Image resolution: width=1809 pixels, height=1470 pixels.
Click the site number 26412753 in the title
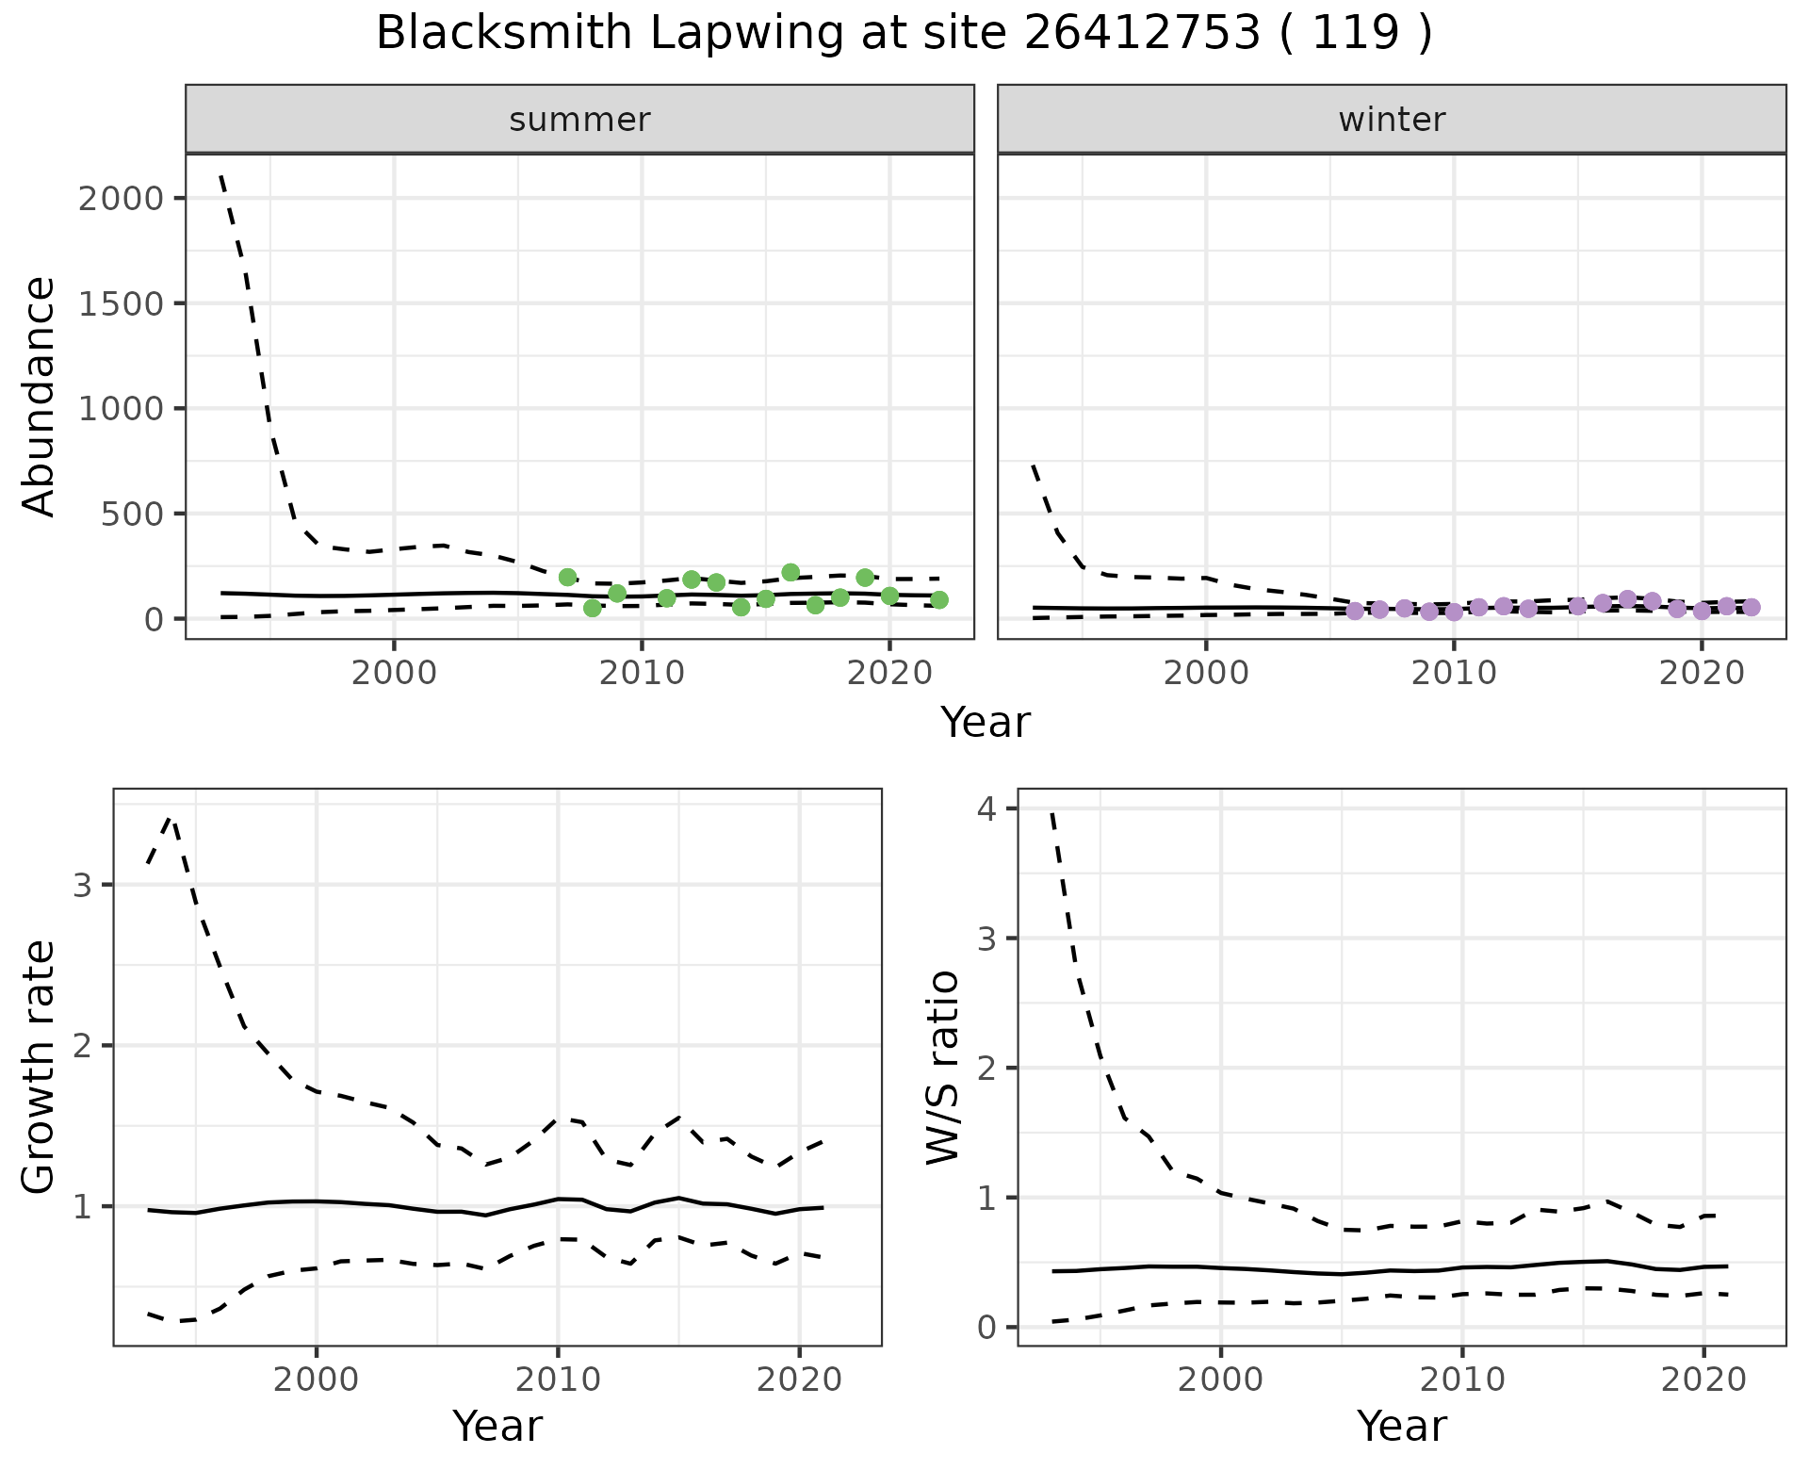pyautogui.click(x=1141, y=34)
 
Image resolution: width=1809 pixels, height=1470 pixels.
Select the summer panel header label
pyautogui.click(x=579, y=120)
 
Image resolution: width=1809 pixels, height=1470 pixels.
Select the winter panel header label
pyautogui.click(x=1392, y=120)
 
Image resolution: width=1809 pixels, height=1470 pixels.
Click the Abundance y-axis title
pyautogui.click(x=39, y=396)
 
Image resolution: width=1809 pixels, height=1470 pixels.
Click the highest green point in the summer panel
pyautogui.click(x=790, y=573)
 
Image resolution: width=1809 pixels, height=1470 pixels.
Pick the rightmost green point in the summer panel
pyautogui.click(x=938, y=599)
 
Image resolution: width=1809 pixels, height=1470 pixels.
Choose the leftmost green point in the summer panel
pyautogui.click(x=567, y=577)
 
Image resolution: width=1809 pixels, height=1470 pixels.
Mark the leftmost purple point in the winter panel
pyautogui.click(x=1355, y=611)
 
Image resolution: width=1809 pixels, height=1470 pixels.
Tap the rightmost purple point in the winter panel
pyautogui.click(x=1752, y=607)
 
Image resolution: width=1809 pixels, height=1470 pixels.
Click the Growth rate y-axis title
pyautogui.click(x=39, y=1067)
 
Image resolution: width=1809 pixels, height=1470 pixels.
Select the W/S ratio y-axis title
pyautogui.click(x=943, y=1067)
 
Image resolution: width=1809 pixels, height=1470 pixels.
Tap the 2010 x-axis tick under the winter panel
pyautogui.click(x=1454, y=674)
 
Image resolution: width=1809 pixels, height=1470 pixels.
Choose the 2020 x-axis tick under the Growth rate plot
pyautogui.click(x=799, y=1380)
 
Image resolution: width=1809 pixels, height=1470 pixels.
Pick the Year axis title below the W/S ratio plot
pyautogui.click(x=1401, y=1426)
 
